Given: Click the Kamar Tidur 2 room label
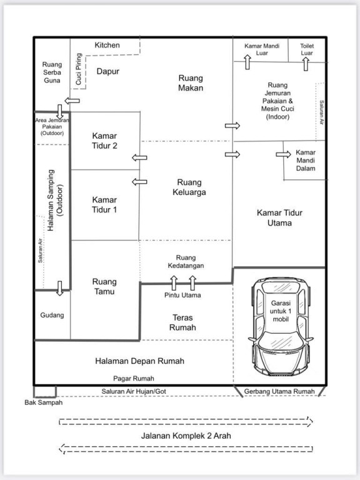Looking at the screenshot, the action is pyautogui.click(x=104, y=141).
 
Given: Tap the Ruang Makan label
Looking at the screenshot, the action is pyautogui.click(x=191, y=83).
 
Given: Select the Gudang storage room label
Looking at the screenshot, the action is pyautogui.click(x=52, y=315).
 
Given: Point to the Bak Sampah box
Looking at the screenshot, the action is pyautogui.click(x=45, y=391).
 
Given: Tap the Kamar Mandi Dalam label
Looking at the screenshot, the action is pyautogui.click(x=306, y=161).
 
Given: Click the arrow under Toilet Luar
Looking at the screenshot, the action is pyautogui.click(x=306, y=64).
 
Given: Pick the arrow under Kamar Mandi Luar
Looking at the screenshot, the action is pyautogui.click(x=247, y=62).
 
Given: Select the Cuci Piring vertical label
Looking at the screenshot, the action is pyautogui.click(x=79, y=69).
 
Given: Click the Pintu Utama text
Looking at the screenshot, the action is pyautogui.click(x=182, y=296).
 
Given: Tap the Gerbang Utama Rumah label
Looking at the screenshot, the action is pyautogui.click(x=279, y=391).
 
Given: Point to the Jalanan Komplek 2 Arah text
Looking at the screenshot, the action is pyautogui.click(x=186, y=436).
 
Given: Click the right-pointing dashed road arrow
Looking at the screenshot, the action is pyautogui.click(x=186, y=422).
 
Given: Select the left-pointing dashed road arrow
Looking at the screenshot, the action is pyautogui.click(x=186, y=449).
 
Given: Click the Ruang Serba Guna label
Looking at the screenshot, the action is pyautogui.click(x=52, y=72).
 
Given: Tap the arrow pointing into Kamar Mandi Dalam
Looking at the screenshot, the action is pyautogui.click(x=283, y=154).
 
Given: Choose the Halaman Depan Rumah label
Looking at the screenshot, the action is pyautogui.click(x=139, y=361).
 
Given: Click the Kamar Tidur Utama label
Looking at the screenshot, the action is pyautogui.click(x=279, y=217).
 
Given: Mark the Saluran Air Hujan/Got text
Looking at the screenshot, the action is pyautogui.click(x=134, y=391).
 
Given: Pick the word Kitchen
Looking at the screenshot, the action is pyautogui.click(x=107, y=45).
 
